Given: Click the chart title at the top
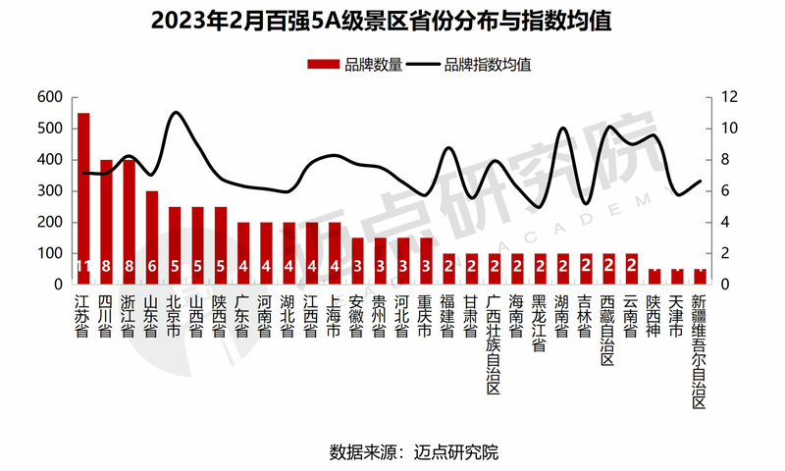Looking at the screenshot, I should tap(392, 22).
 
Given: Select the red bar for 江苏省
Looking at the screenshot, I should tap(83, 196).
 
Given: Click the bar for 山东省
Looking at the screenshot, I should tap(152, 235).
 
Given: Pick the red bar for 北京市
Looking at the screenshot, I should tap(175, 245).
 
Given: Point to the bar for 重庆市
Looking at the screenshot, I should tap(426, 260).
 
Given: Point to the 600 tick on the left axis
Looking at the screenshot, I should tap(49, 97).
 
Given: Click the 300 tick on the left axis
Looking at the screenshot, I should tap(49, 191).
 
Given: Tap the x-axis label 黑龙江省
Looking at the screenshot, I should tap(540, 321).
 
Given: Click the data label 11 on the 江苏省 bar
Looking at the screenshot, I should tap(83, 267).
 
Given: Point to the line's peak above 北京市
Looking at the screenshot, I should tap(176, 113).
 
